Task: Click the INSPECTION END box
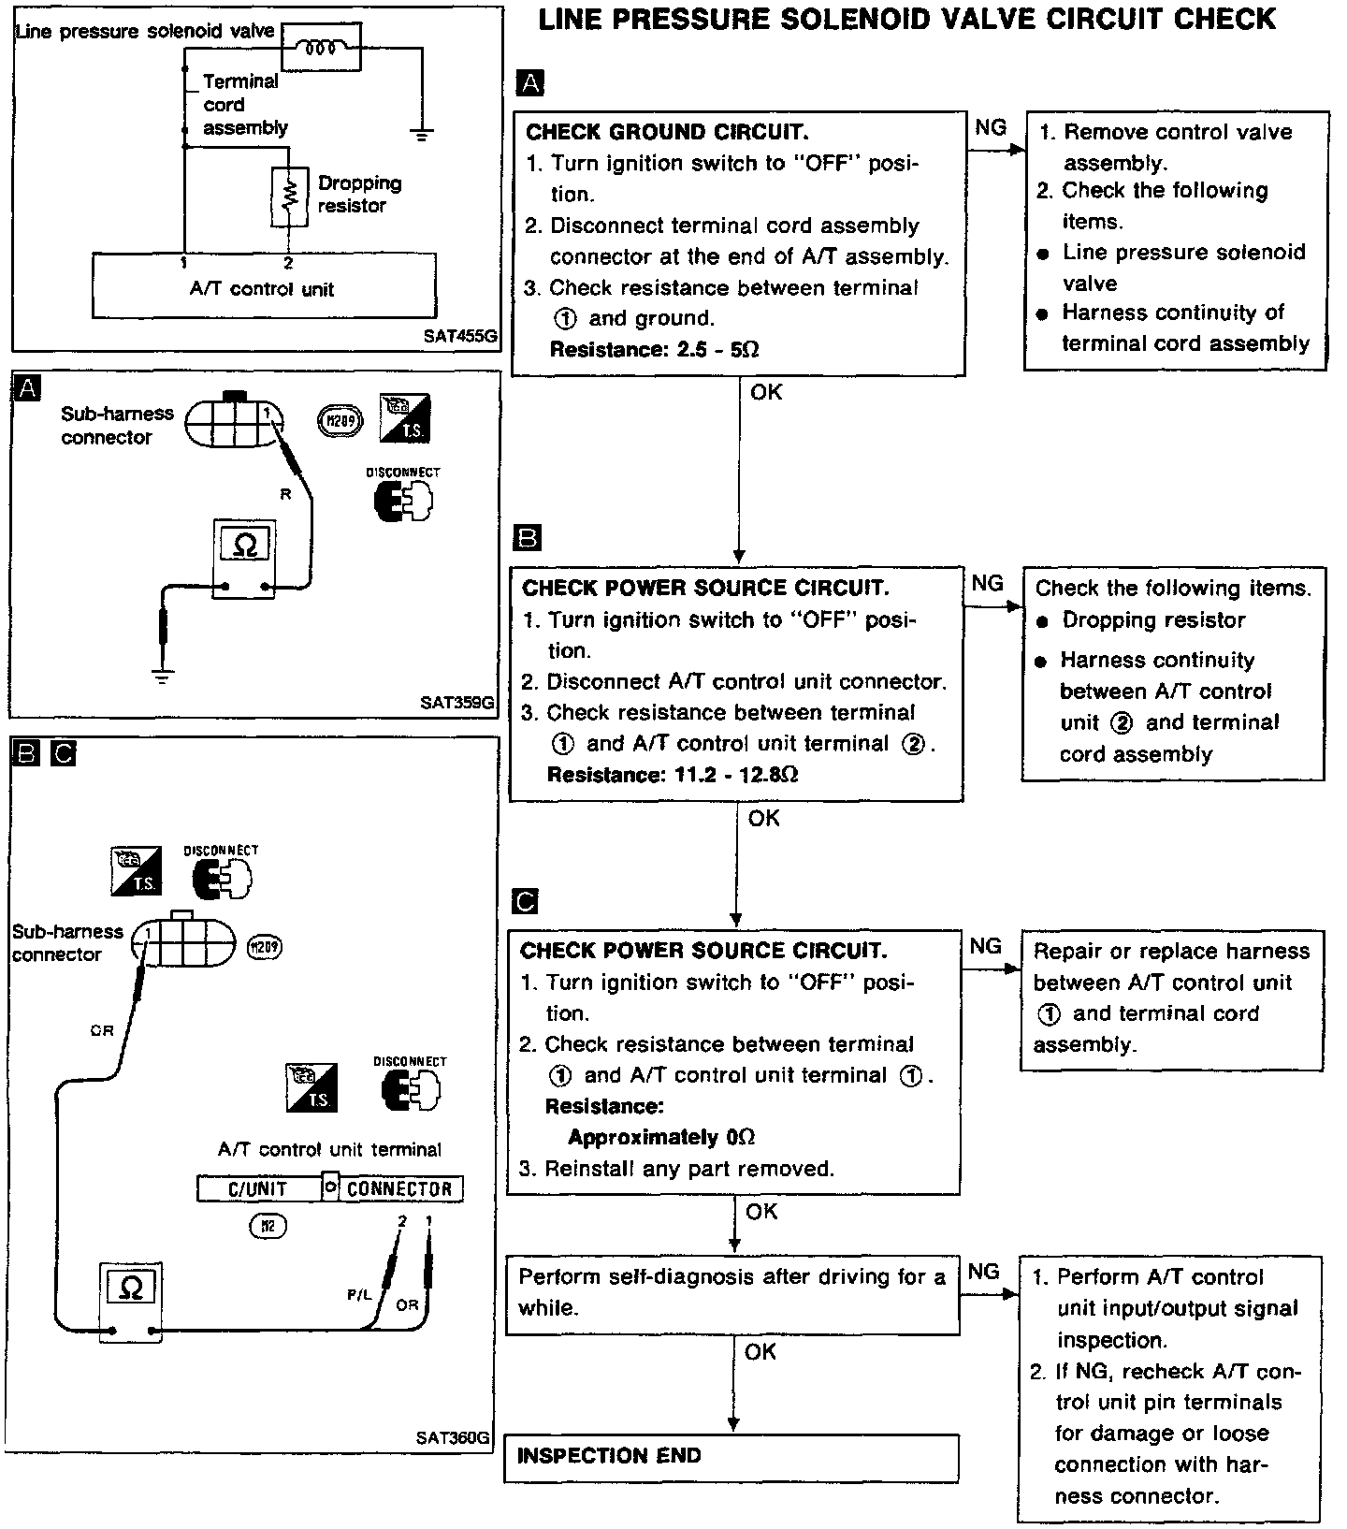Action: pos(731,1457)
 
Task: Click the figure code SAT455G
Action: pos(459,335)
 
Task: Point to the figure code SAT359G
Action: pos(456,702)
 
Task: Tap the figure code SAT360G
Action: pos(453,1437)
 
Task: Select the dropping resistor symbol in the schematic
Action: pos(289,197)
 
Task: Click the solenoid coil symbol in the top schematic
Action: pos(321,48)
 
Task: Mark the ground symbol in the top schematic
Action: pos(423,134)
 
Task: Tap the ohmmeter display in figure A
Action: pos(244,545)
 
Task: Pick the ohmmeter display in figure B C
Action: pos(131,1289)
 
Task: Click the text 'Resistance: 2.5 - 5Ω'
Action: pos(654,350)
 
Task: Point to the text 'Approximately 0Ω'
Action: pos(660,1138)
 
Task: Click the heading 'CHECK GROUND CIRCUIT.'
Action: pos(667,132)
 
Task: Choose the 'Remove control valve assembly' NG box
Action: pos(1175,240)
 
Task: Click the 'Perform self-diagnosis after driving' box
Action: pos(732,1292)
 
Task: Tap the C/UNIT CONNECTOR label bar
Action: pos(329,1188)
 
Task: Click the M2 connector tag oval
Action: pos(267,1225)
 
